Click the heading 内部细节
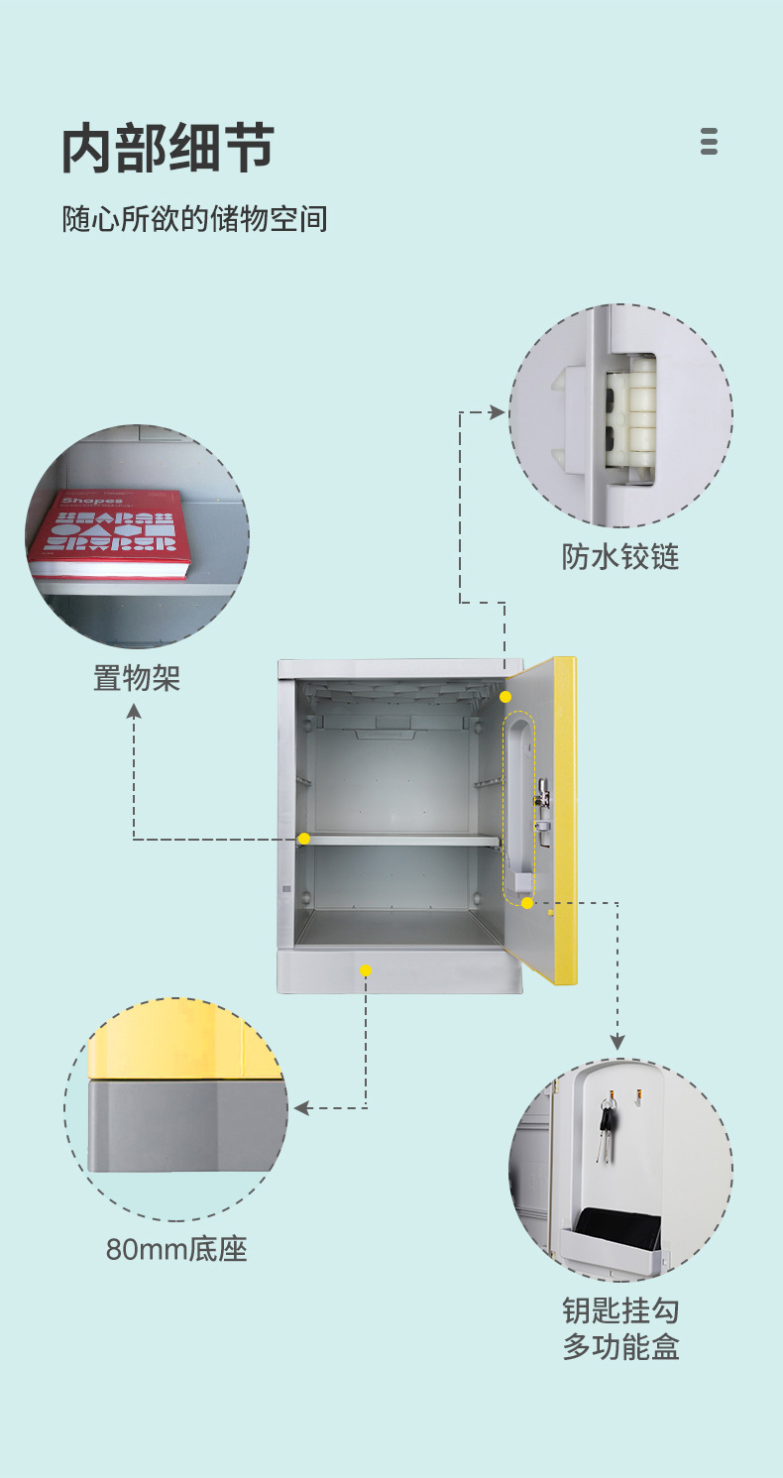point(168,150)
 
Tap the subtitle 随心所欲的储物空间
point(194,219)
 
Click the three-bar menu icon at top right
point(709,142)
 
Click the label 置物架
point(137,678)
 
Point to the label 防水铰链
point(620,556)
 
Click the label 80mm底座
point(176,1249)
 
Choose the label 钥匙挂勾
point(620,1310)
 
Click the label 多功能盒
point(620,1347)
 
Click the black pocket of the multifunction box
point(617,1229)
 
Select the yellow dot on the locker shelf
point(304,839)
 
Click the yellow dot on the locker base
point(366,970)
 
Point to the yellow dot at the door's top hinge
point(505,697)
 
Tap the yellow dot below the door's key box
point(527,903)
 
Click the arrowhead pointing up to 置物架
point(134,711)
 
